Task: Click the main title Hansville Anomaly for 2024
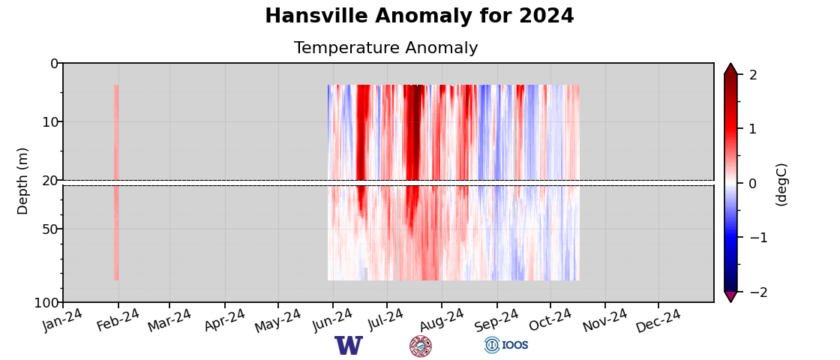point(419,16)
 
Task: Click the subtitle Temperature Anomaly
point(385,49)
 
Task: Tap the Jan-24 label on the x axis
point(63,320)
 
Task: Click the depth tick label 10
point(50,122)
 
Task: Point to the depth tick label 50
point(50,229)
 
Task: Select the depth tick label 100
point(46,303)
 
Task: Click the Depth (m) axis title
point(23,181)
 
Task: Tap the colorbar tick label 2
point(753,75)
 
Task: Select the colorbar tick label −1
point(757,238)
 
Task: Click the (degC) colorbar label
point(781,184)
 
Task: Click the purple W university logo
point(349,346)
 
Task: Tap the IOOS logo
point(507,345)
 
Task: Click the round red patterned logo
point(421,346)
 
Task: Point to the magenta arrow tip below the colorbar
point(730,297)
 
